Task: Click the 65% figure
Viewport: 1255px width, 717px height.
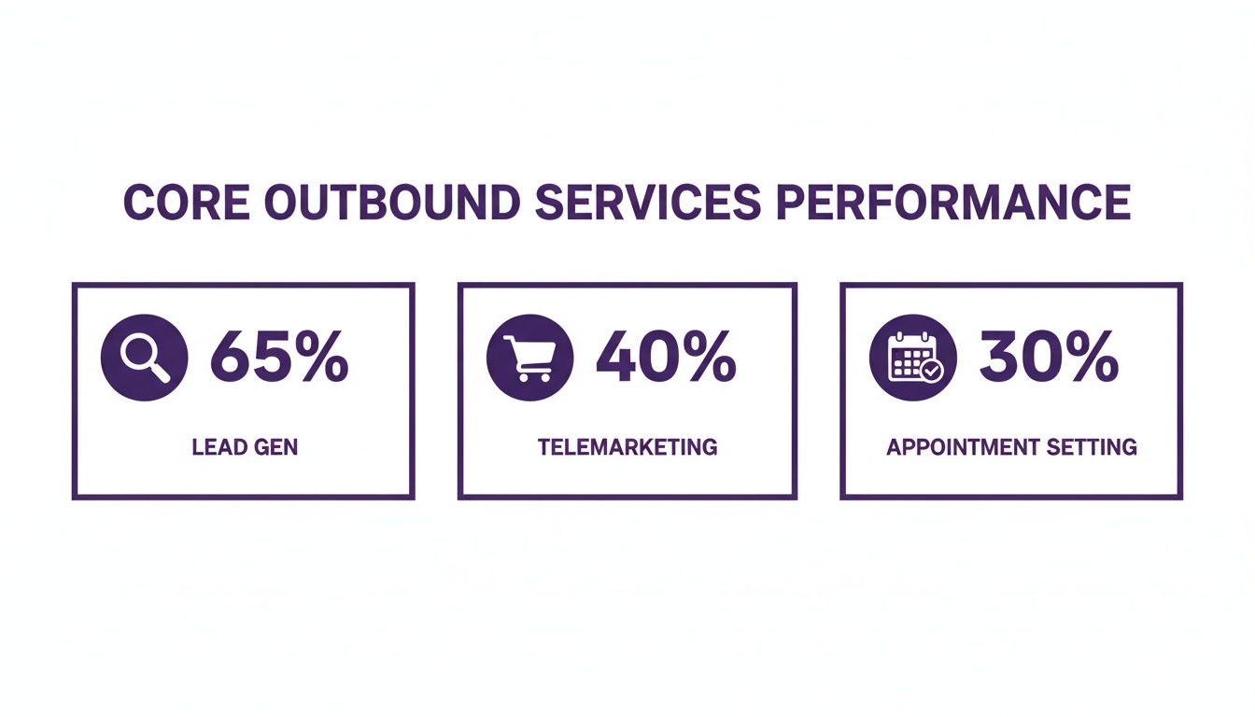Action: (x=278, y=358)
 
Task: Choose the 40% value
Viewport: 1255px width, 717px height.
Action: (x=665, y=358)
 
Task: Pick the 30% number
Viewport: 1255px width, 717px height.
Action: (x=1049, y=358)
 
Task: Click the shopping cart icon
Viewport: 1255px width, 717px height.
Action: (x=529, y=358)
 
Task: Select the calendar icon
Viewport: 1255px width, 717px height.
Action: (x=912, y=358)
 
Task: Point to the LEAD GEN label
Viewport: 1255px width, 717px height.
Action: (x=245, y=447)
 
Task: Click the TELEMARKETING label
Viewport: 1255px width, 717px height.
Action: (x=627, y=447)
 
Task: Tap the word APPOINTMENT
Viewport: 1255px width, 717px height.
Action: (x=962, y=447)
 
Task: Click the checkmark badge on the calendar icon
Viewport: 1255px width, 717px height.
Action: (x=931, y=372)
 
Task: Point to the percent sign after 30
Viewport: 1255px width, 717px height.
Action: (x=1091, y=358)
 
